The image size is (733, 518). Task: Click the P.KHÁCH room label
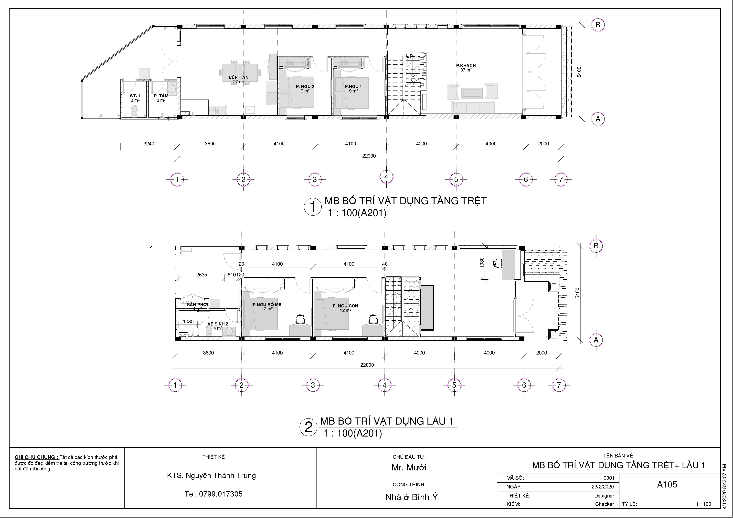point(466,66)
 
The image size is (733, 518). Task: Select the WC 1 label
point(135,96)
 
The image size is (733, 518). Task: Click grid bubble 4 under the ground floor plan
point(386,176)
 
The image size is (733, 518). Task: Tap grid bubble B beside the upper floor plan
point(596,246)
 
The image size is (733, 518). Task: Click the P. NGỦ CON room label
point(345,306)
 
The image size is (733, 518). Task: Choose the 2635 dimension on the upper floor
point(202,275)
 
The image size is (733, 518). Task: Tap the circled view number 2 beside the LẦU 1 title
point(309,427)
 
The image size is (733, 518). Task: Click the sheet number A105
point(667,485)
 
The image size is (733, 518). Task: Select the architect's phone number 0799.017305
point(213,494)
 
